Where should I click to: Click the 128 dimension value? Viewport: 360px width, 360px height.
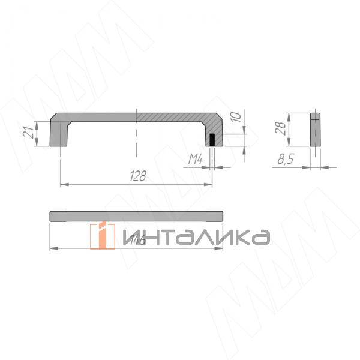click(x=138, y=176)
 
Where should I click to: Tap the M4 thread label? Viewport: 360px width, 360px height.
click(x=196, y=159)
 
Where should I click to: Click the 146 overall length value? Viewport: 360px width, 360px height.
click(x=138, y=240)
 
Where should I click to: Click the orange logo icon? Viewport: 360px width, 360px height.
click(x=103, y=235)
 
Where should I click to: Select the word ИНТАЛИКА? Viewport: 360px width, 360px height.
click(x=195, y=236)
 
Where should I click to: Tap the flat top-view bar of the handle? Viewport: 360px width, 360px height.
click(x=137, y=216)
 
